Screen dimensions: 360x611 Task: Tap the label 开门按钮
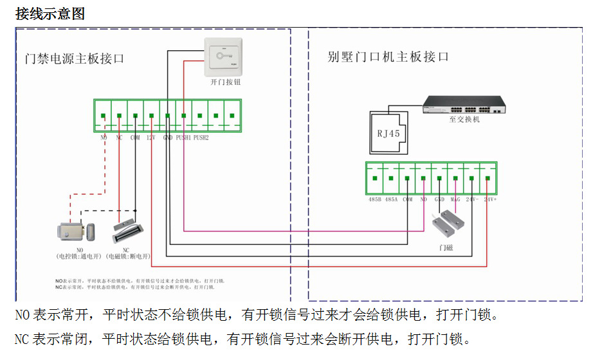(x=225, y=82)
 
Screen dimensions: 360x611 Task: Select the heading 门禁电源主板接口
(x=75, y=59)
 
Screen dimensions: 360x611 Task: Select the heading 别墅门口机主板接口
(x=388, y=57)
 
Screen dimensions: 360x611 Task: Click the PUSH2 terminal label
(x=201, y=138)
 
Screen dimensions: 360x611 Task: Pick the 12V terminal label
(x=151, y=138)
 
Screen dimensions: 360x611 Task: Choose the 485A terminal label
(x=391, y=199)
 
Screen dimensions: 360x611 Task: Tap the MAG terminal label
(x=455, y=199)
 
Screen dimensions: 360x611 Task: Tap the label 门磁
(x=446, y=247)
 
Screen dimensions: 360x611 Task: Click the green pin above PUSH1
(x=184, y=116)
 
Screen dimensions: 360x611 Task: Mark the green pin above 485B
(x=375, y=178)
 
